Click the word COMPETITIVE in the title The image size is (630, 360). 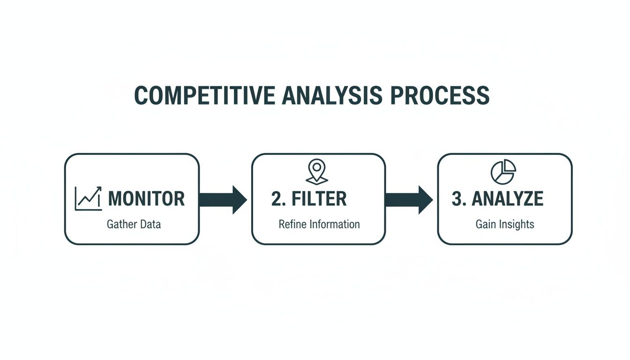point(204,95)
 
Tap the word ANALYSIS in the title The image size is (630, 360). point(332,95)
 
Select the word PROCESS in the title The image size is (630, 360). point(440,95)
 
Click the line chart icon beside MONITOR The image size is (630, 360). point(88,199)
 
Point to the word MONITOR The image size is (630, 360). point(146,199)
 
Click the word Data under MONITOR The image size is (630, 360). point(150,224)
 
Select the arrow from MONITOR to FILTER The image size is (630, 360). point(223,199)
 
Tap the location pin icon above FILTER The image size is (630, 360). point(317,171)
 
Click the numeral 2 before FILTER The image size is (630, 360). point(276,199)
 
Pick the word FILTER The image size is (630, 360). point(319,199)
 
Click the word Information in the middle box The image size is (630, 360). point(333,224)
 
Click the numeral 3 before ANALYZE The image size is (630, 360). point(457,199)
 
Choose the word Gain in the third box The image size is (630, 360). point(486,224)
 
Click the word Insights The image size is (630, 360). point(516,224)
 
